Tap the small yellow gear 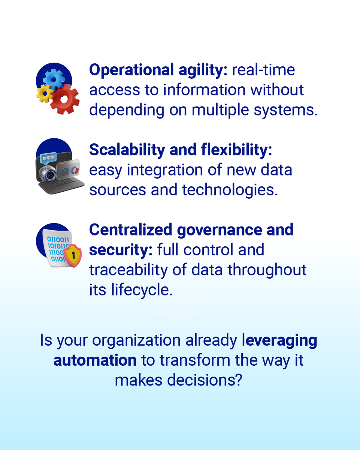point(45,93)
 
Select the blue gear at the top point(54,78)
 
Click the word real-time point(263,70)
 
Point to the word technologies point(230,190)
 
